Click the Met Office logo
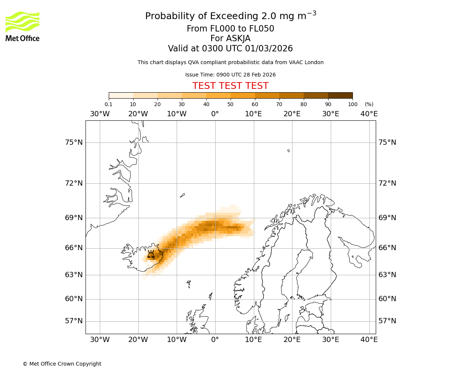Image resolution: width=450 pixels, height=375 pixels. click(22, 26)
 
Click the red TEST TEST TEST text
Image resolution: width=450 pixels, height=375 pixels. click(230, 86)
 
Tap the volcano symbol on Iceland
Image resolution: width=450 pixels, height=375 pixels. click(151, 255)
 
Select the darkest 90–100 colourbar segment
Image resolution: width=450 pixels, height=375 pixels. click(340, 95)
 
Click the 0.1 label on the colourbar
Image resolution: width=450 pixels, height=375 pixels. click(108, 104)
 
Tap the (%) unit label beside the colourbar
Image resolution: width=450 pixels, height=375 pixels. click(369, 104)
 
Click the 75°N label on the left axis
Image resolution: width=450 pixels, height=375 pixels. click(73, 142)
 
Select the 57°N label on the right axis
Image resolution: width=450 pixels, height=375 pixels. click(387, 321)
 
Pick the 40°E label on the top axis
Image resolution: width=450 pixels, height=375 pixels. click(369, 114)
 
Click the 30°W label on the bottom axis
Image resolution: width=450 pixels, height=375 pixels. click(100, 340)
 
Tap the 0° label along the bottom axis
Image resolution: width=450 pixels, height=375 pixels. click(215, 340)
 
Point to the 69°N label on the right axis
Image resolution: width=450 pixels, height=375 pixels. click(387, 218)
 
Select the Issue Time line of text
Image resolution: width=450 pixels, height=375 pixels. click(230, 75)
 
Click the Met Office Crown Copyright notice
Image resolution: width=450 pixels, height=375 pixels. click(62, 364)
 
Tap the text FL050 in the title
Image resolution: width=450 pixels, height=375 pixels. click(261, 29)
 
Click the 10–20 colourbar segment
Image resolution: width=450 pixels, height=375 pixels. click(145, 95)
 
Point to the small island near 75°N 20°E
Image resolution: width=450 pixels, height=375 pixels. click(288, 151)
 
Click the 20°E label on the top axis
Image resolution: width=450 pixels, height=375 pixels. click(292, 114)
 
